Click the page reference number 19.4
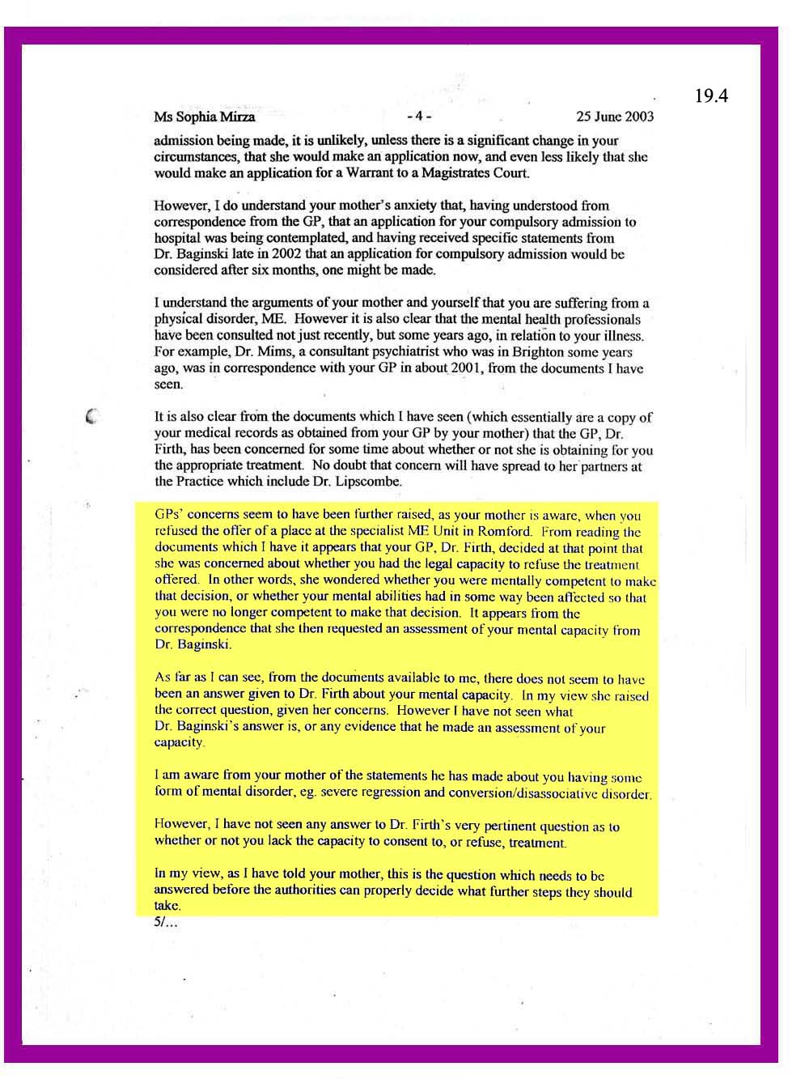click(x=711, y=96)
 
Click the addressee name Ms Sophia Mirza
click(x=204, y=117)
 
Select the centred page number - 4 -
click(x=419, y=116)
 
